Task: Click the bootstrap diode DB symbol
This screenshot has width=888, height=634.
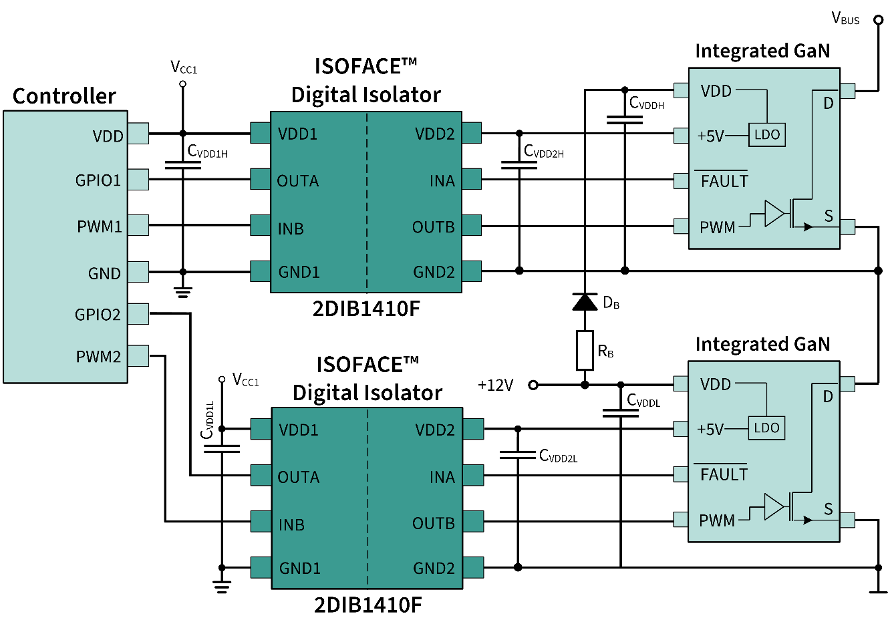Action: (585, 302)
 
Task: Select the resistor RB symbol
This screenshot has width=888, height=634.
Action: (585, 350)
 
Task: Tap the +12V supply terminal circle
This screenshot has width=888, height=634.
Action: (533, 385)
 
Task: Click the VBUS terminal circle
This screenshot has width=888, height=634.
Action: (879, 20)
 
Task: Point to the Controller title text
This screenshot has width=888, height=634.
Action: (64, 96)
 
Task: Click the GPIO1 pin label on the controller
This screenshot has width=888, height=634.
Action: (98, 180)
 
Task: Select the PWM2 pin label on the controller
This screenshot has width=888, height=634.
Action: (98, 357)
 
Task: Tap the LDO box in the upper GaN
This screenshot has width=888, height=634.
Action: (766, 135)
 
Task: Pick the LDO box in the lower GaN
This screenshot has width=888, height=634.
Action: (766, 428)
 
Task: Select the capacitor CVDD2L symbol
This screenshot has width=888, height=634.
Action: (518, 455)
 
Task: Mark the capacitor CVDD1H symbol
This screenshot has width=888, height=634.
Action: (183, 164)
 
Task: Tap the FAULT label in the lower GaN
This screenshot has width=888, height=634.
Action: (724, 475)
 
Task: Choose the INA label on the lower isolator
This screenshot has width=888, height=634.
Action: (442, 477)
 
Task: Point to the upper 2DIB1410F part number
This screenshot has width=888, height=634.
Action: (366, 309)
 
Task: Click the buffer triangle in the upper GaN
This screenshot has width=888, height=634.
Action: (774, 214)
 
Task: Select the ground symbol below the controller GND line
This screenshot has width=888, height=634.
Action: (183, 291)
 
